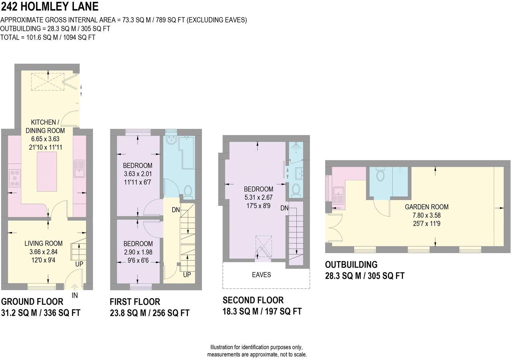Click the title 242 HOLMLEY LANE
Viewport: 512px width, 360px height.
49,7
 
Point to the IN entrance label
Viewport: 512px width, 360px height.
75,295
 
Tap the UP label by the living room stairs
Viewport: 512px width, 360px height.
79,264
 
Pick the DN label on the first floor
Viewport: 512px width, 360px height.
176,210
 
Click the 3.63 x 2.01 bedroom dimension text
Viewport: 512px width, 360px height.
138,174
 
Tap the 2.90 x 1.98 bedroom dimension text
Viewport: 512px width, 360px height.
138,252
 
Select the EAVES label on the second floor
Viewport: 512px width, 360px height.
261,275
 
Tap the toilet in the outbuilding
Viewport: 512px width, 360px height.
380,175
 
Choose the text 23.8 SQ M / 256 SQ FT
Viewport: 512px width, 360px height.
149,313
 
